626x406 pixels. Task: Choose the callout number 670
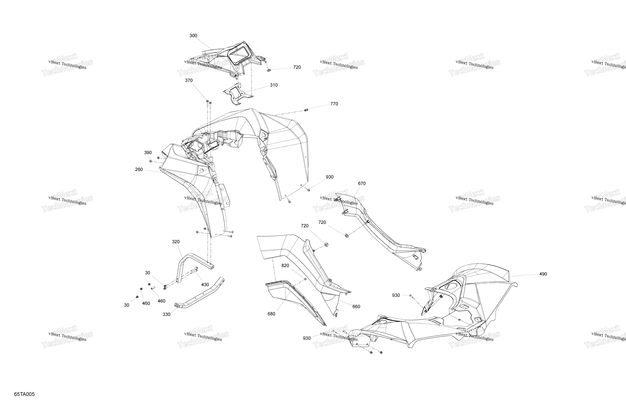(x=362, y=183)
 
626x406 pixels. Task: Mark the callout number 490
(x=543, y=274)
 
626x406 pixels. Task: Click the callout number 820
(x=285, y=265)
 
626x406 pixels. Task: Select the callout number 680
(x=271, y=314)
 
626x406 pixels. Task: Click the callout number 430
(x=205, y=284)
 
